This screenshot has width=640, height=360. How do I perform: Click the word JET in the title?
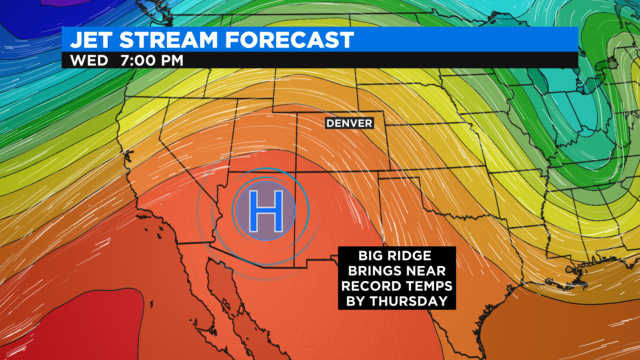click(x=91, y=40)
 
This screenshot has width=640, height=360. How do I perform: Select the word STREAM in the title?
click(x=169, y=40)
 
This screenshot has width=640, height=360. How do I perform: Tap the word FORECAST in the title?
click(x=289, y=40)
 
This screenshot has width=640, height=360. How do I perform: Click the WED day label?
click(x=89, y=61)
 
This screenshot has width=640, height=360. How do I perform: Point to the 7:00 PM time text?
click(x=152, y=61)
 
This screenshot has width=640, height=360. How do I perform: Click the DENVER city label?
click(x=349, y=123)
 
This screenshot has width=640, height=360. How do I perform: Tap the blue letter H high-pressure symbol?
click(x=266, y=211)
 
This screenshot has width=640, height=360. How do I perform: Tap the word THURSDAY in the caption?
click(x=409, y=301)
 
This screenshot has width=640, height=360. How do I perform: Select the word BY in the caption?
click(x=356, y=301)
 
